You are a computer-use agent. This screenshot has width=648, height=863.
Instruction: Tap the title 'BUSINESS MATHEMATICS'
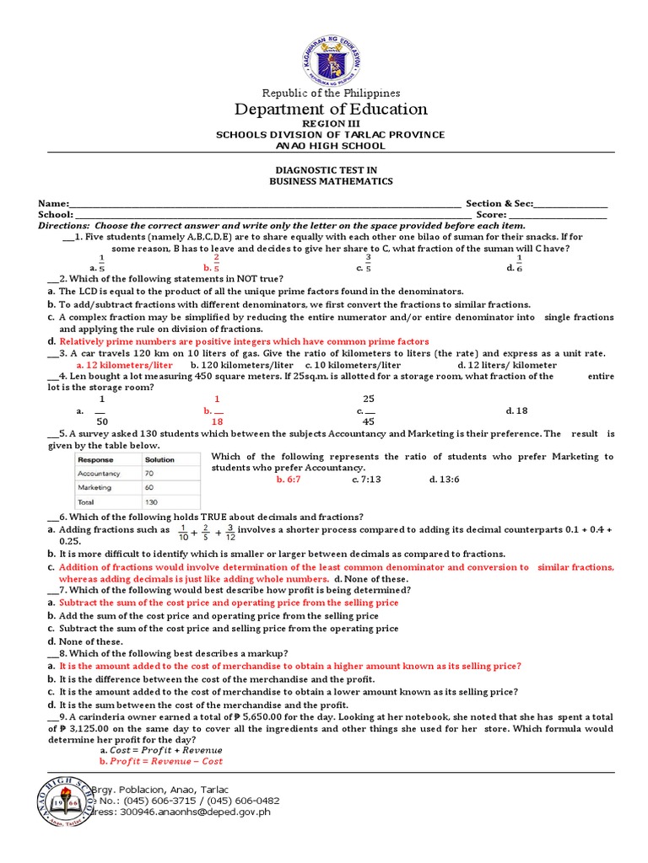point(331,181)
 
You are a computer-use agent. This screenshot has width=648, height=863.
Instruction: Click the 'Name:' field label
point(52,204)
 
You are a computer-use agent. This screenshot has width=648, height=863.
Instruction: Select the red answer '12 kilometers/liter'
point(125,365)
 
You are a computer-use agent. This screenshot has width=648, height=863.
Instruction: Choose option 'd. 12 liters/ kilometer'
point(507,365)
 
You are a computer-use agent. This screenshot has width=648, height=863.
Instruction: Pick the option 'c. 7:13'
point(366,479)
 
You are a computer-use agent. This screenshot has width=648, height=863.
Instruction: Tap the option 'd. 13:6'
point(444,479)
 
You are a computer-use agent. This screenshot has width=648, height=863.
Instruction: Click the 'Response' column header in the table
point(96,460)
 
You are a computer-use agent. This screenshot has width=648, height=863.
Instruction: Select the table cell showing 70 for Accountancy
point(150,474)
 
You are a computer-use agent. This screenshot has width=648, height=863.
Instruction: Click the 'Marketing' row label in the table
point(94,488)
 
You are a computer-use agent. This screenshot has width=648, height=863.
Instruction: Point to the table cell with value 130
point(152,501)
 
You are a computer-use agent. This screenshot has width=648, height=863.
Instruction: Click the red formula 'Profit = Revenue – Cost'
point(161,761)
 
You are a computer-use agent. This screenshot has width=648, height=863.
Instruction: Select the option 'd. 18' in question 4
point(516,410)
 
